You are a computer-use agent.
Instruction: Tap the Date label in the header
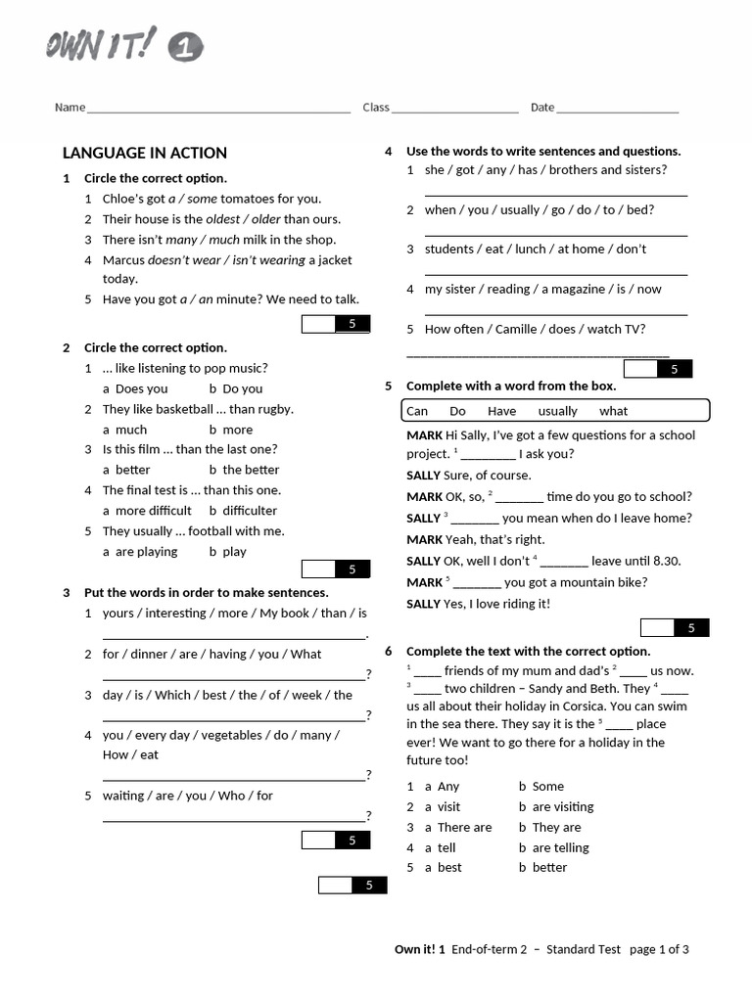542,108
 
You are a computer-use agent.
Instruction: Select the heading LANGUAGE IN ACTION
145,153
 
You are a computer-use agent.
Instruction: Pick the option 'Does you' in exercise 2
142,388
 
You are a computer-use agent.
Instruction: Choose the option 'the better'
251,470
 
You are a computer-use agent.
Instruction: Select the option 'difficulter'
250,511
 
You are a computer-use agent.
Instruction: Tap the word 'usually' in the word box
558,411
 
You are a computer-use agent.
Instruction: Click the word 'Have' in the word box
501,411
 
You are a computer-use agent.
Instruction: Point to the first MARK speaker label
424,435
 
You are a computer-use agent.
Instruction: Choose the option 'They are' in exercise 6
556,828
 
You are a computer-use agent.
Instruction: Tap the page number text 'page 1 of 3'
659,949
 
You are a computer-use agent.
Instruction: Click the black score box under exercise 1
352,324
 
